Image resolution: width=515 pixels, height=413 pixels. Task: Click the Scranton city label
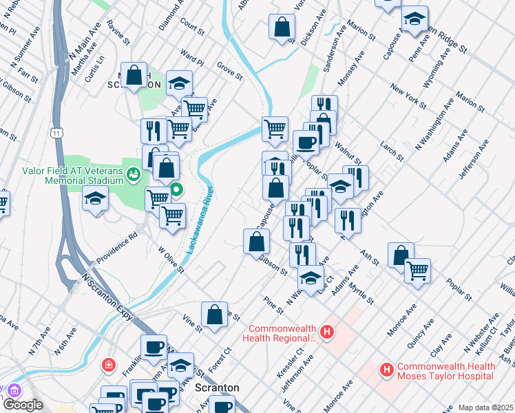tap(217, 388)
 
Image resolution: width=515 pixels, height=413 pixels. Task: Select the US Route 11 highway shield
tap(57, 131)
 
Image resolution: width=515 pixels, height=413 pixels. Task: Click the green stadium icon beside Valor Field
tap(134, 176)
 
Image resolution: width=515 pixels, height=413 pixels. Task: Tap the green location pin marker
tap(176, 189)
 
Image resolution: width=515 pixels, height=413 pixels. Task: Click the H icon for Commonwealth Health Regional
tap(327, 332)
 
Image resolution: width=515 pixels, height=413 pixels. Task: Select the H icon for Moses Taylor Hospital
tap(387, 371)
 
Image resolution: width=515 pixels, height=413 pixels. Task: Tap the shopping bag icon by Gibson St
tap(256, 241)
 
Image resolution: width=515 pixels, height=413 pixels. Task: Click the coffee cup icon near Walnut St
tap(305, 142)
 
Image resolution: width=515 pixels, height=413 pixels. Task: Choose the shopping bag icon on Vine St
tap(215, 314)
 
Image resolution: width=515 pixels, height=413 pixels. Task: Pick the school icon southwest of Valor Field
tap(95, 199)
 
